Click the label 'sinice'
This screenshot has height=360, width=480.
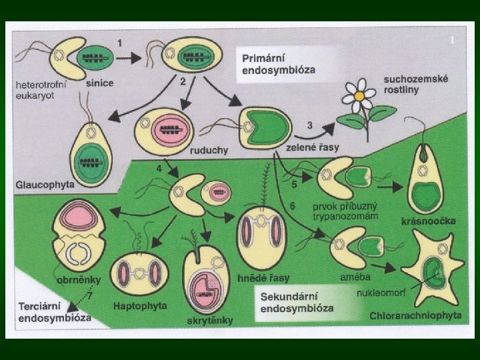click(x=99, y=84)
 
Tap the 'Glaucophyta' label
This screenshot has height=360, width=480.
click(x=42, y=183)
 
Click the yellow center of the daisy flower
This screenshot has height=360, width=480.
click(x=359, y=95)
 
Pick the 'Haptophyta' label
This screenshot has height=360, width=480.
click(x=141, y=306)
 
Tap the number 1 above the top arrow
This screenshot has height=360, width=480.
click(x=119, y=42)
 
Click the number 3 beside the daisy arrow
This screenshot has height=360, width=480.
click(x=309, y=125)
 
